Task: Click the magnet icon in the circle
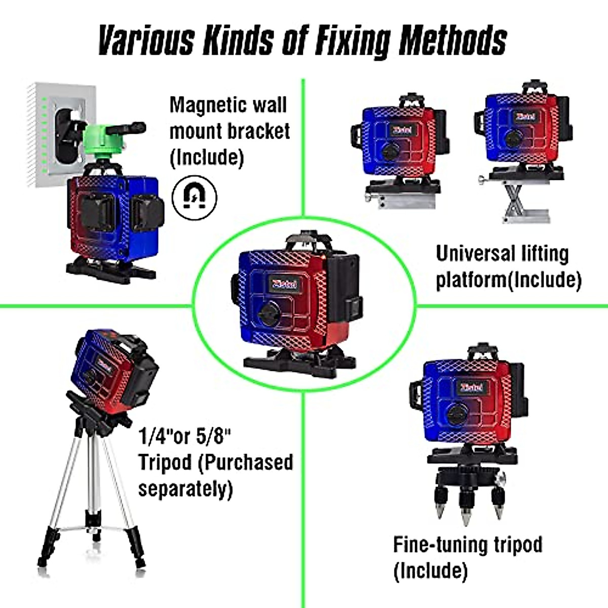click(x=195, y=197)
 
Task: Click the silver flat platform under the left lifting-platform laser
click(x=400, y=196)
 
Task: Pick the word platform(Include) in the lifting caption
click(x=509, y=280)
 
